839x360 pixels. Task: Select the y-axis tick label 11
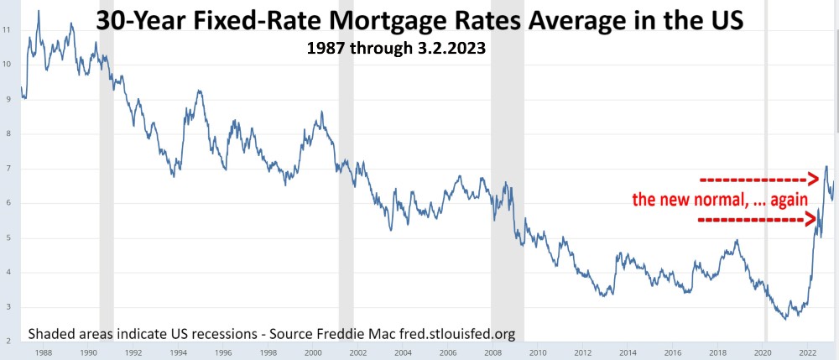pos(7,29)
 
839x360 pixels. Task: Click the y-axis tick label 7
pos(7,169)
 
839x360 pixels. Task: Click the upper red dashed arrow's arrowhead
pos(813,179)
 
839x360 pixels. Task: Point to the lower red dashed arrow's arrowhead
pos(813,220)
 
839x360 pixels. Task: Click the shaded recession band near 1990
pos(107,168)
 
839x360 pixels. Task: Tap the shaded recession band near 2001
pos(346,168)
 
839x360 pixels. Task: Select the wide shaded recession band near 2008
pos(508,168)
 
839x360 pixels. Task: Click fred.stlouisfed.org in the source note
pos(454,334)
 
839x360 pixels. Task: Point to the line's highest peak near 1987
pos(38,11)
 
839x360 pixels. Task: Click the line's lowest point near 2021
pos(785,319)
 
